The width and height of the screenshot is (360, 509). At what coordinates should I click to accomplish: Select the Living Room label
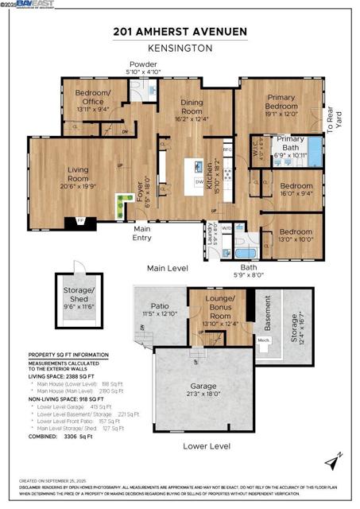pyautogui.click(x=78, y=169)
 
